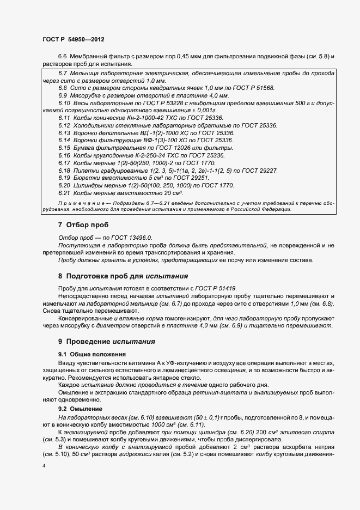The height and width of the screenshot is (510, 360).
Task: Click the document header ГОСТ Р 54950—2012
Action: [x=73, y=40]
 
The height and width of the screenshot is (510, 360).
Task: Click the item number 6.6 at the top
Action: [x=62, y=57]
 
